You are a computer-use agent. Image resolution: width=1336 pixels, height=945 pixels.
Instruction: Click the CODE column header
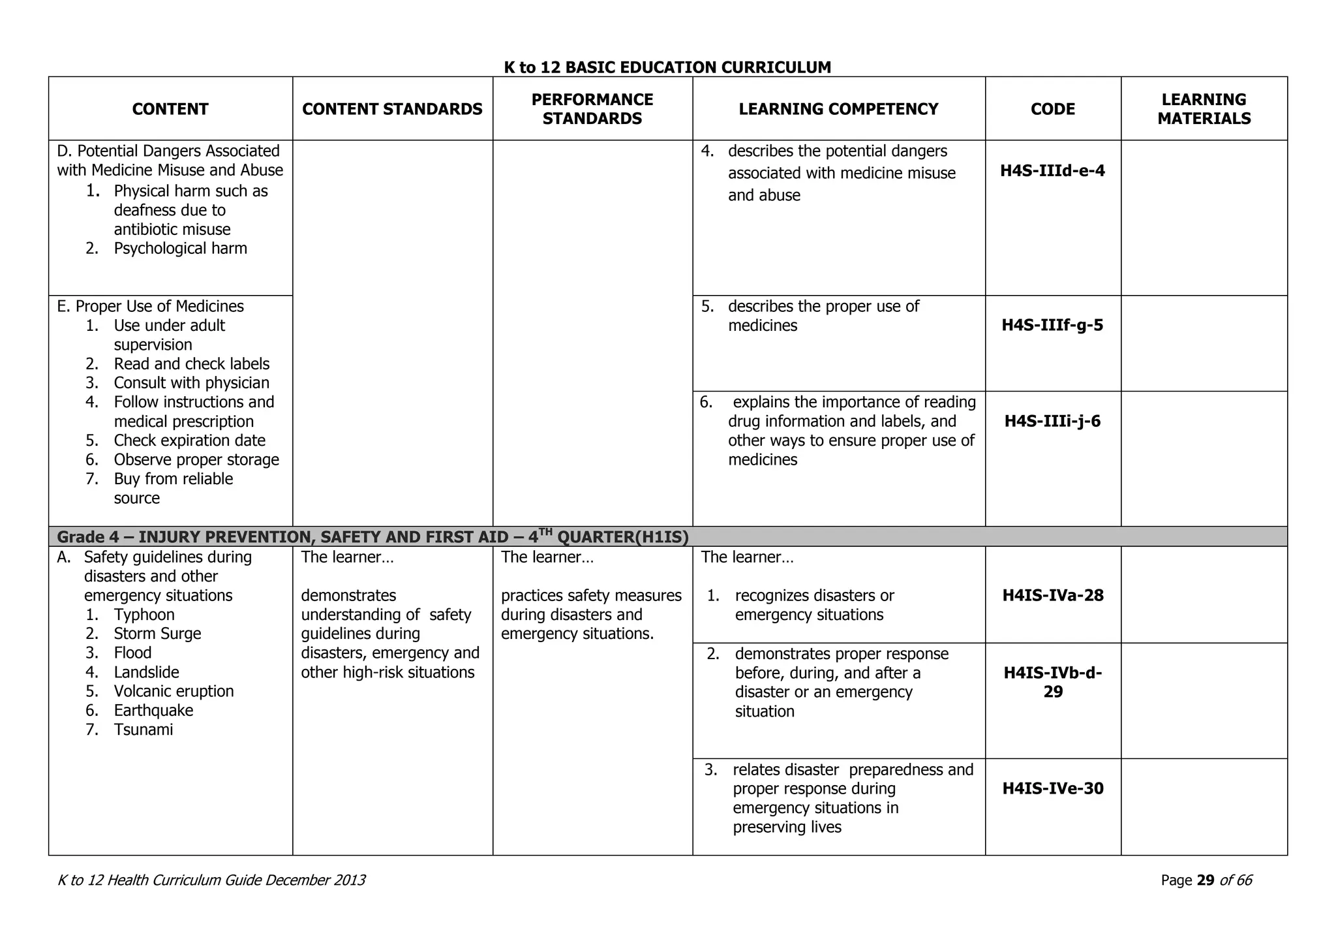pyautogui.click(x=1052, y=109)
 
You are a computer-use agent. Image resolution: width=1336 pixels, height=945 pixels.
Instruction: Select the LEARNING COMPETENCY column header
pyautogui.click(x=838, y=109)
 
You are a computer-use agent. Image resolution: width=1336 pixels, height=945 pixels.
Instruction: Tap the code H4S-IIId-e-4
pyautogui.click(x=1052, y=171)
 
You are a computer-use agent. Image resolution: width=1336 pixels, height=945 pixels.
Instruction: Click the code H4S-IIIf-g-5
pyautogui.click(x=1052, y=325)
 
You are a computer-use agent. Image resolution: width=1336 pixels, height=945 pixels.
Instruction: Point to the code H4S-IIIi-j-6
pyautogui.click(x=1052, y=421)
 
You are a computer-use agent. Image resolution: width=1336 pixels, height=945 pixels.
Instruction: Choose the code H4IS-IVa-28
pyautogui.click(x=1052, y=595)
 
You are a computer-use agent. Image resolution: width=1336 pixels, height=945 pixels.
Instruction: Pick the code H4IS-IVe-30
pyautogui.click(x=1052, y=788)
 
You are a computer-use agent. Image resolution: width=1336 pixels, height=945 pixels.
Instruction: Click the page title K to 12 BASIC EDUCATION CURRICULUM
pyautogui.click(x=667, y=67)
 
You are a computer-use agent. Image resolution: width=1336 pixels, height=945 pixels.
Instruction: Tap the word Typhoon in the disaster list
pyautogui.click(x=144, y=615)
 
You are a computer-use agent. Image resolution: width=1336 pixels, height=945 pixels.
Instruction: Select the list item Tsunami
pyautogui.click(x=144, y=730)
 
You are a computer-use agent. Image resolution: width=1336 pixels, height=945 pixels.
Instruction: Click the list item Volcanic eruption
pyautogui.click(x=174, y=691)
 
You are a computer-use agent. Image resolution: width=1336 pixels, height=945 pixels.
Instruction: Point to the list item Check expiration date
pyautogui.click(x=189, y=441)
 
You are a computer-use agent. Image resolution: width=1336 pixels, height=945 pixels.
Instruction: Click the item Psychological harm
pyautogui.click(x=180, y=249)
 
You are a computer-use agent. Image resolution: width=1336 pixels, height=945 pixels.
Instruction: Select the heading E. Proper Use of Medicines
pyautogui.click(x=151, y=306)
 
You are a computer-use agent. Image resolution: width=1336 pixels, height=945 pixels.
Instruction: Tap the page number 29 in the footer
pyautogui.click(x=1206, y=880)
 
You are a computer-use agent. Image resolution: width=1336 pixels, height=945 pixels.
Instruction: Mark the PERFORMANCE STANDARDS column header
pyautogui.click(x=592, y=109)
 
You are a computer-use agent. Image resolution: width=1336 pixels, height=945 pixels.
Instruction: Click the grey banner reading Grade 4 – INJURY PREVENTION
pyautogui.click(x=372, y=537)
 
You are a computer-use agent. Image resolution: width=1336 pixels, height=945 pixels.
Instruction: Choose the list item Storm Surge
pyautogui.click(x=157, y=634)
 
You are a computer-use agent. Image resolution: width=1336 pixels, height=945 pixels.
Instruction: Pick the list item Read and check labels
pyautogui.click(x=191, y=364)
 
